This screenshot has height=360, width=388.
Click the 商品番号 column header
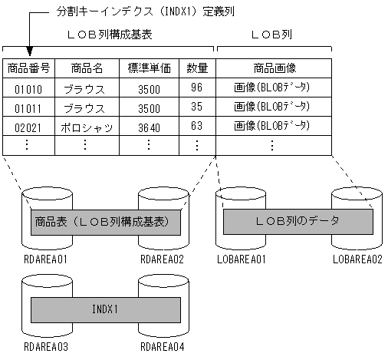click(28, 68)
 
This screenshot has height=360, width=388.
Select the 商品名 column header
click(84, 68)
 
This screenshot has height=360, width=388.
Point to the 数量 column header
click(197, 68)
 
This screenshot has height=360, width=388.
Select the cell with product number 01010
click(28, 88)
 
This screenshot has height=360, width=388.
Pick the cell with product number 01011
click(28, 107)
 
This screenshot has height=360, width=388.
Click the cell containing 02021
click(28, 126)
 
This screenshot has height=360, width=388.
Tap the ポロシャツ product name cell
click(86, 126)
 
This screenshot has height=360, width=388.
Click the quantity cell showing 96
click(197, 88)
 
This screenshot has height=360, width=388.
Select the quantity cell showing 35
click(197, 107)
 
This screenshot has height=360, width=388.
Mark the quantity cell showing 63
click(197, 126)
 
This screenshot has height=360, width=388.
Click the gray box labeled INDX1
click(105, 309)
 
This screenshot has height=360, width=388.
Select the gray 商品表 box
click(105, 221)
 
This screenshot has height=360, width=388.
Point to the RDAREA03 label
click(46, 347)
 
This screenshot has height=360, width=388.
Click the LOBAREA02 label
click(357, 259)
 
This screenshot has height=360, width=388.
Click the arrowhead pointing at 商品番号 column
click(28, 52)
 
